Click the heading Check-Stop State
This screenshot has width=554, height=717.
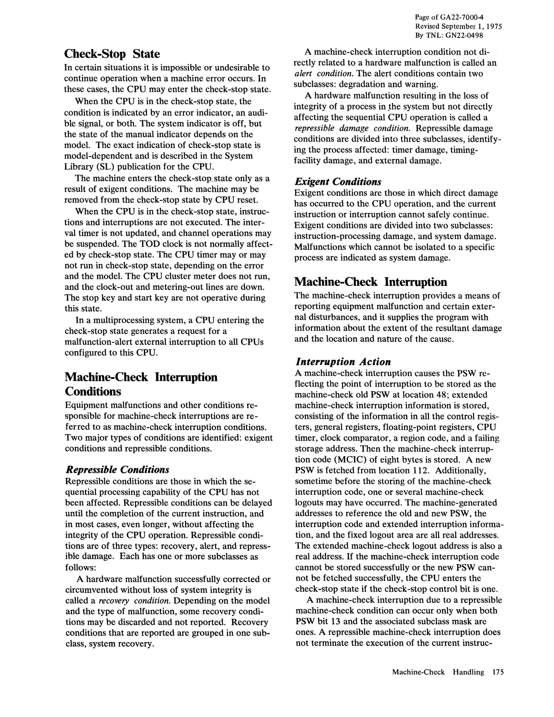click(x=112, y=53)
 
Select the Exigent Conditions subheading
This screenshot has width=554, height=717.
click(x=338, y=182)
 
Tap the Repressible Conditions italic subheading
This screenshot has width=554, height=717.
click(x=117, y=470)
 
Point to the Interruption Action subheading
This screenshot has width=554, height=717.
click(x=343, y=362)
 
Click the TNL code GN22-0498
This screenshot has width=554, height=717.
click(x=465, y=35)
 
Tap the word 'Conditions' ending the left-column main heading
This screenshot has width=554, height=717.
click(x=93, y=391)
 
